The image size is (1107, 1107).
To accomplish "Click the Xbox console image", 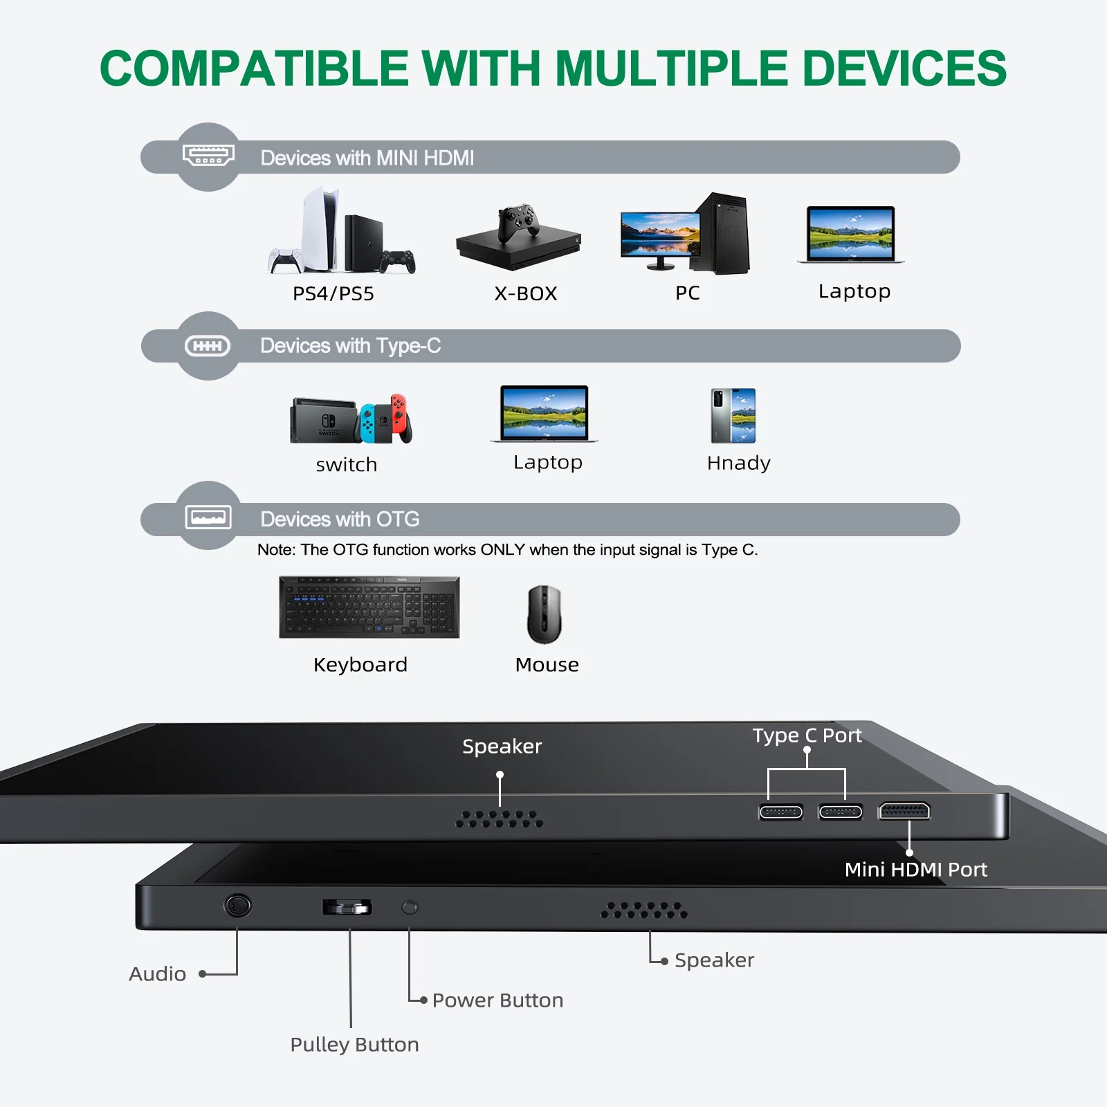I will tap(518, 239).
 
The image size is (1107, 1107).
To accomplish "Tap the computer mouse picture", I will tap(545, 614).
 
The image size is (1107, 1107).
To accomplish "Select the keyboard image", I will tap(369, 607).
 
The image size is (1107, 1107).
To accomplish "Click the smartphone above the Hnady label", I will tap(733, 415).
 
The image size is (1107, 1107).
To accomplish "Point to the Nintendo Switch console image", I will tap(351, 419).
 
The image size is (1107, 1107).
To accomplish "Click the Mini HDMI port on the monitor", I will tap(904, 811).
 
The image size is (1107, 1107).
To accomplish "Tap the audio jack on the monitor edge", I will tap(237, 905).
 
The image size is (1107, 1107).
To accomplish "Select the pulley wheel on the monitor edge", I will tap(347, 907).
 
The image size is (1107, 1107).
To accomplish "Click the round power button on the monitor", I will tap(410, 906).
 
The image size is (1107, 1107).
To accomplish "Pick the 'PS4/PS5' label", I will tap(333, 294).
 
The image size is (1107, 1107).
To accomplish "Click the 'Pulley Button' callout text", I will tap(354, 1044).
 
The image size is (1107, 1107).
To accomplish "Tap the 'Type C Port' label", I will tap(807, 735).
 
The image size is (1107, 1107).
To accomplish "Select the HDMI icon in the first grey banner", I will tap(208, 155).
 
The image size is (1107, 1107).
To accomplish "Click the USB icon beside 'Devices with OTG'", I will tap(208, 517).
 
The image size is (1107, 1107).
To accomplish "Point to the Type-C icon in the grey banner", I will tap(208, 346).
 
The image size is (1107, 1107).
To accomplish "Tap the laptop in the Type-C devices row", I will tap(545, 414).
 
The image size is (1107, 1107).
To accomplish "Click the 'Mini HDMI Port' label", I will tap(915, 870).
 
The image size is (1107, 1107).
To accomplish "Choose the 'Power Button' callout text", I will tap(497, 1000).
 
